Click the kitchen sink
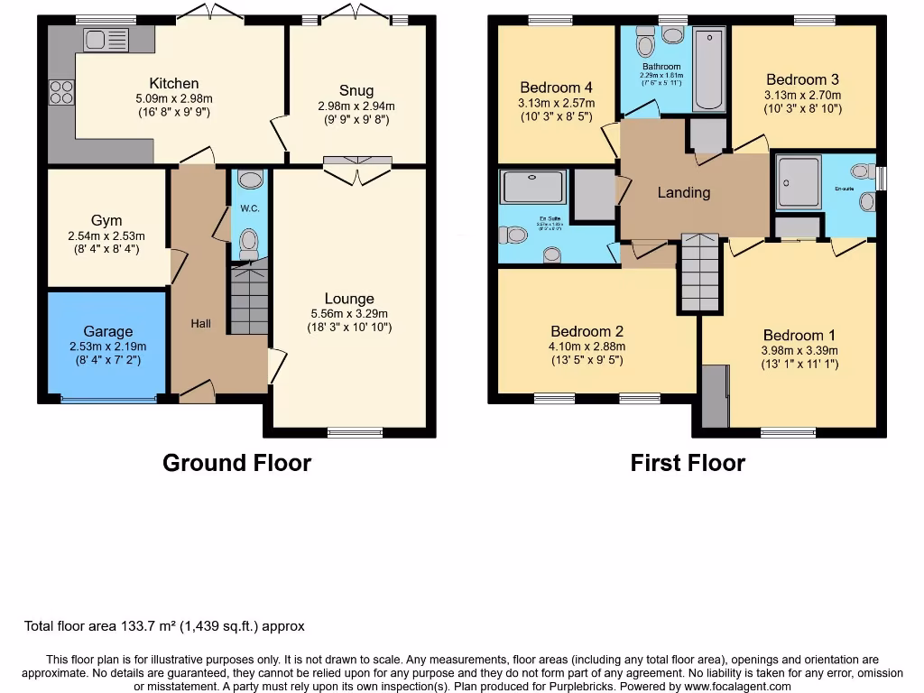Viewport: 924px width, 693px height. coord(106,39)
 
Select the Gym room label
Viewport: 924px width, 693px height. coord(106,220)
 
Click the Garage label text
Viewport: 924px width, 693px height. coord(107,331)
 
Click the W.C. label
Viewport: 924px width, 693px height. coord(249,208)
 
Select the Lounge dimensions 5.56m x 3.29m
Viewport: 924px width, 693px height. coord(349,313)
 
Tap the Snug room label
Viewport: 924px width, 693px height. coord(356,90)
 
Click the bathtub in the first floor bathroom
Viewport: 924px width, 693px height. coord(710,70)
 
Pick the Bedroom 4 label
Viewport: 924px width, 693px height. coord(556,88)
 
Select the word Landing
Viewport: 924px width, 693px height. coord(683,192)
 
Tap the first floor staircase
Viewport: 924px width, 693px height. coord(698,273)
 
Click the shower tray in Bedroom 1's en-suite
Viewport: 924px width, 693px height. coord(799,181)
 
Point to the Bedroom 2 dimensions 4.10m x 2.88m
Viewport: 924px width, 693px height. coord(587,346)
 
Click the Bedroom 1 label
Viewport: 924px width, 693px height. coord(793,335)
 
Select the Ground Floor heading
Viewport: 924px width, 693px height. coord(236,463)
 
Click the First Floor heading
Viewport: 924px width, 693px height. coord(688,463)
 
